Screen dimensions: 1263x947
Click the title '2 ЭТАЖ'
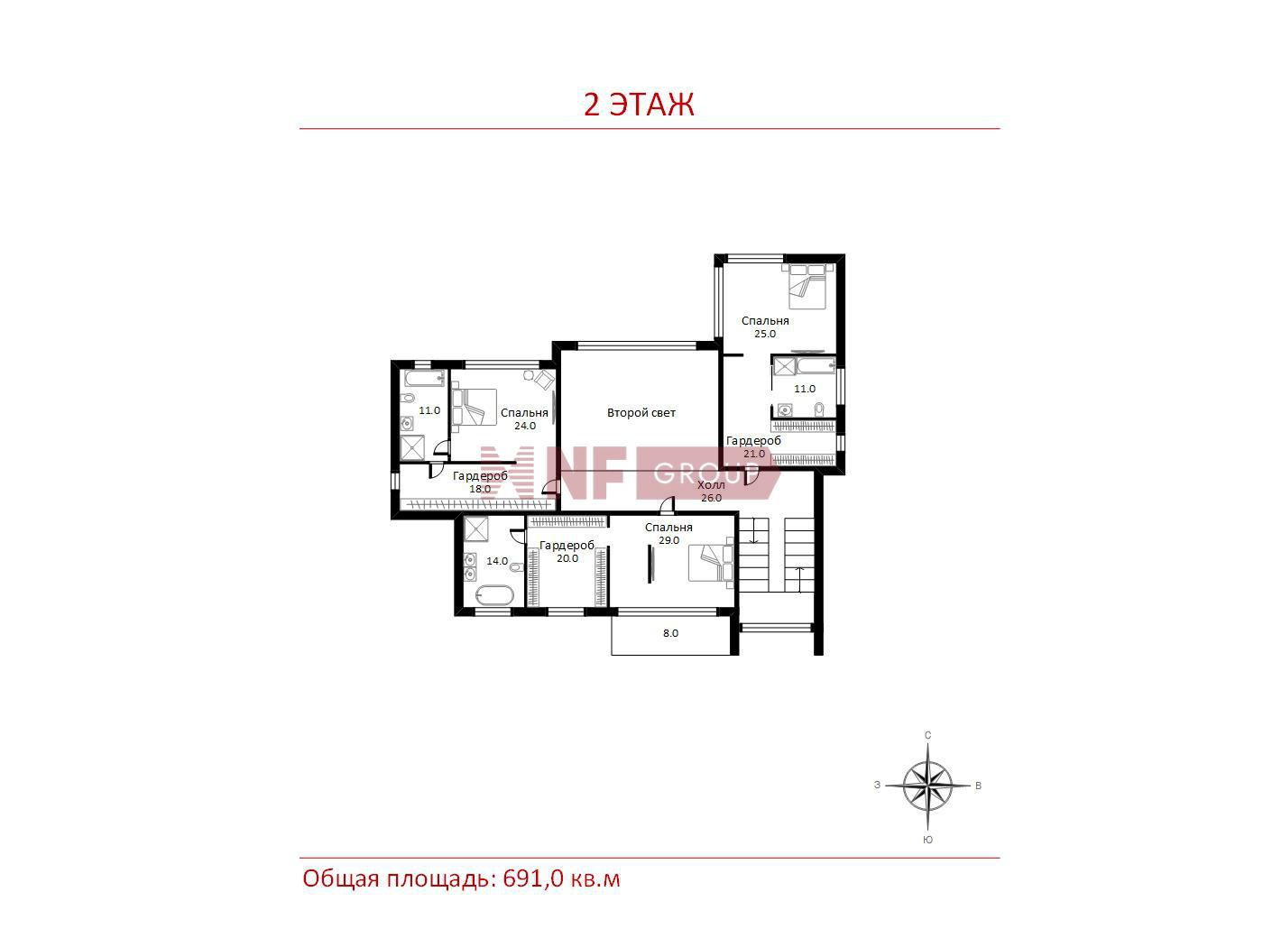click(639, 105)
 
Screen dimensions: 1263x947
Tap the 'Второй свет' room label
click(641, 412)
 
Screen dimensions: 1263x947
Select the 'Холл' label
click(711, 484)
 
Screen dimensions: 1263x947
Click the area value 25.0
click(765, 334)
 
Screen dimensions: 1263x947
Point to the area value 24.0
click(525, 426)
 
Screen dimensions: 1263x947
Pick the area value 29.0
click(668, 540)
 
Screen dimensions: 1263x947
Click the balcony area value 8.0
click(670, 633)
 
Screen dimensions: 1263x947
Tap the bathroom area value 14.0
click(497, 561)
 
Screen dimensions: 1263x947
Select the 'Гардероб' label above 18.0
click(480, 476)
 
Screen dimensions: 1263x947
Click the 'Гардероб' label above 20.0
click(567, 545)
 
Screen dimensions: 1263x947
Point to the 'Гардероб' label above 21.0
click(753, 440)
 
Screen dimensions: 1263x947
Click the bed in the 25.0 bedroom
click(807, 286)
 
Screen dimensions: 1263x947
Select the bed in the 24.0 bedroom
click(474, 407)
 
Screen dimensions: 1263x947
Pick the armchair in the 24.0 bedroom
click(544, 379)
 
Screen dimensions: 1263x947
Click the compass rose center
click(927, 785)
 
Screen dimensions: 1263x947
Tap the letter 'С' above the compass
click(927, 735)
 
